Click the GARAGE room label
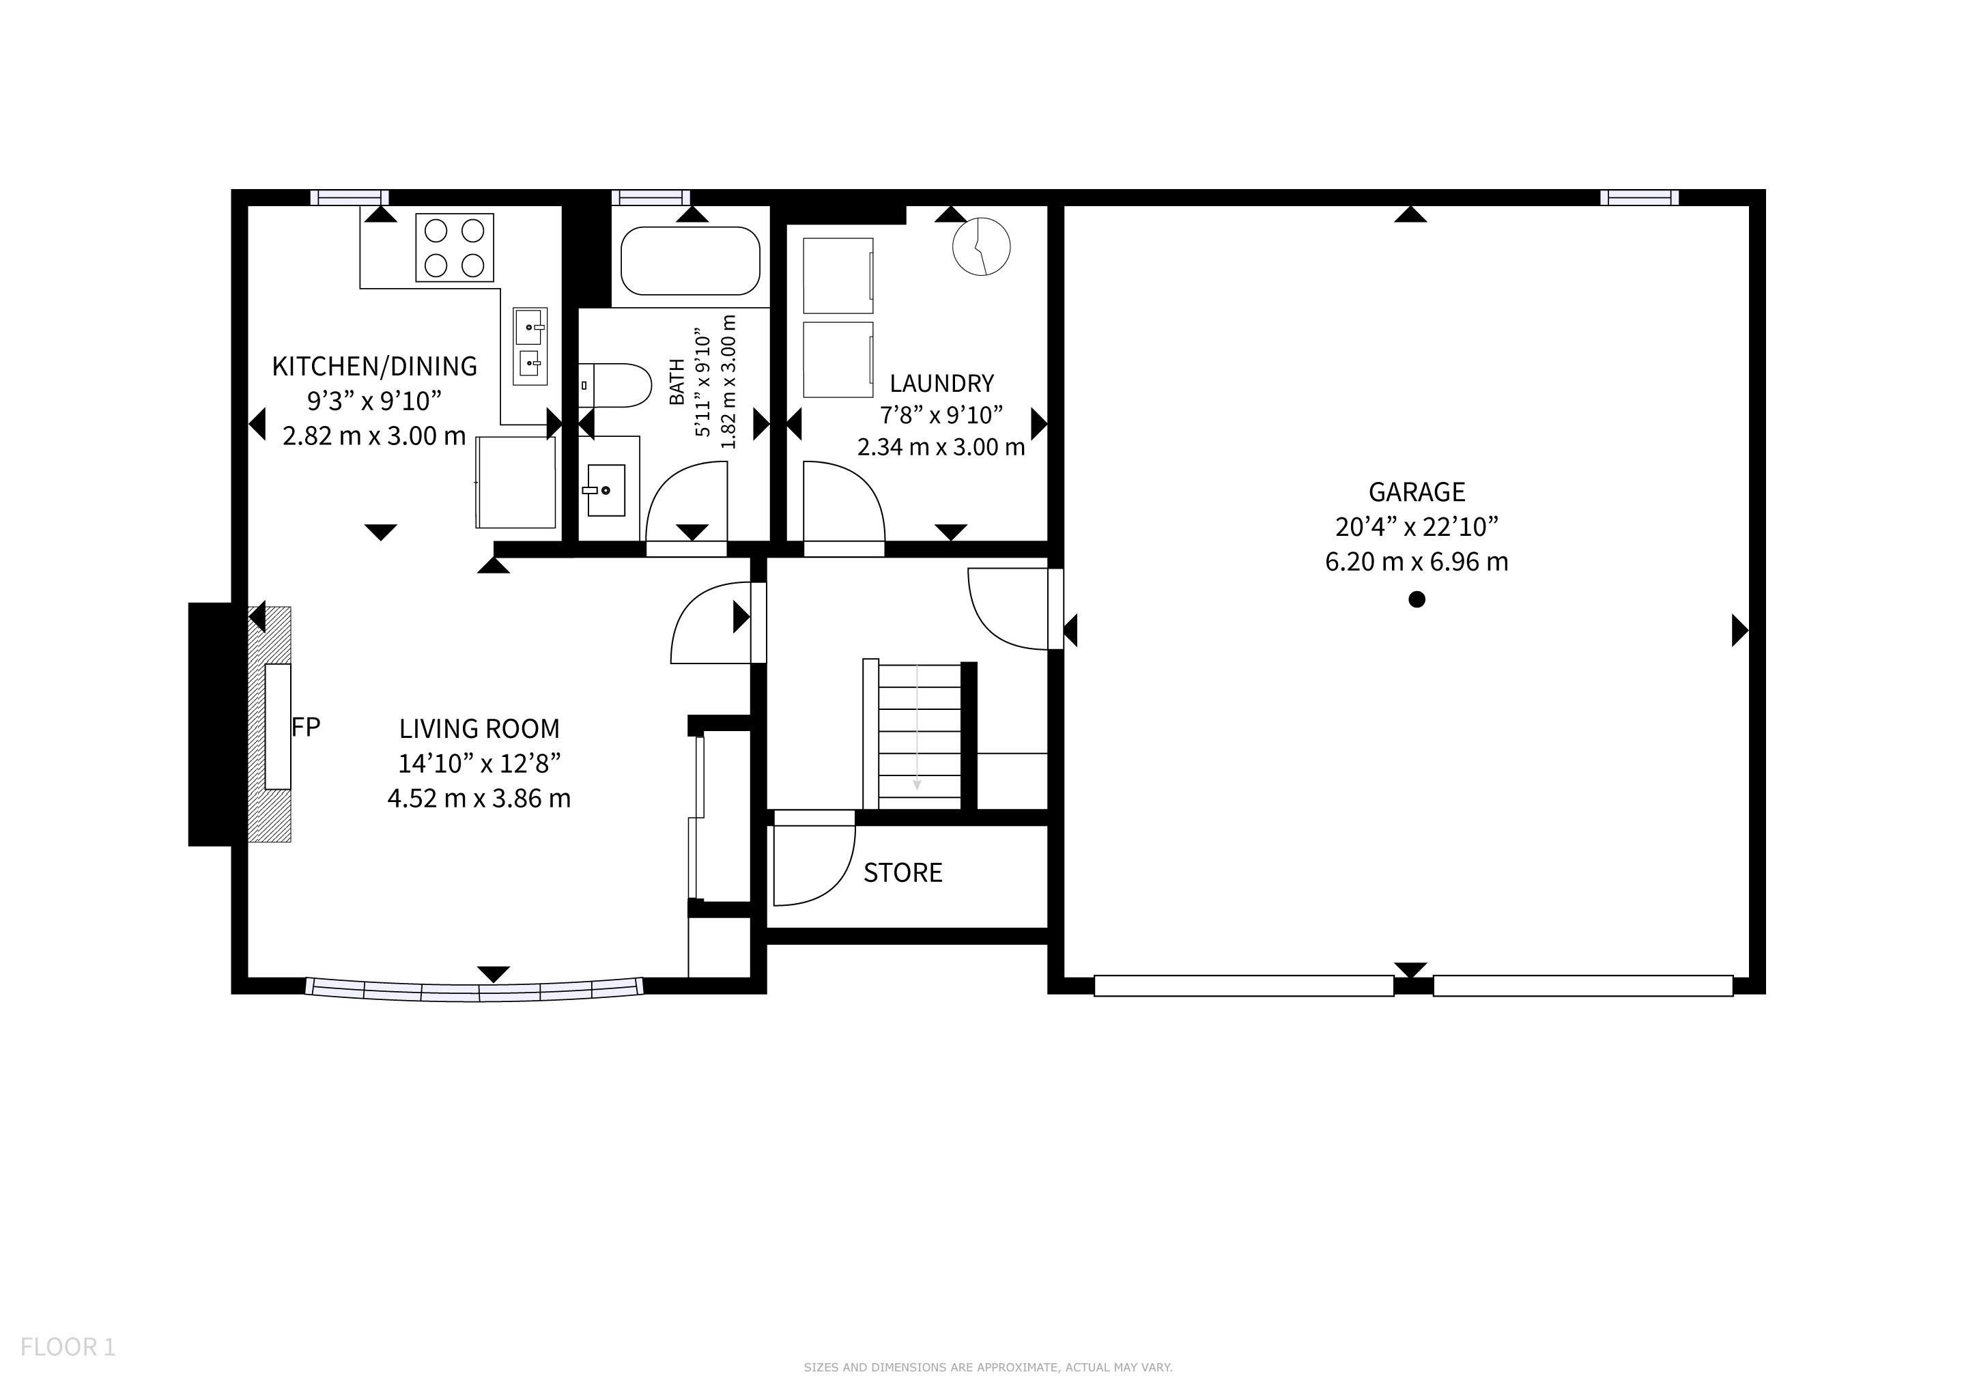[1417, 492]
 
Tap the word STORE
[902, 873]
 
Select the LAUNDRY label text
[941, 383]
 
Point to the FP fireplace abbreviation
[306, 728]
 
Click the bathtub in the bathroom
[691, 261]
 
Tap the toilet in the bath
[614, 386]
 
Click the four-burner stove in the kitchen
[455, 247]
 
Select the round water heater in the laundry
[982, 247]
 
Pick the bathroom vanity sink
[606, 491]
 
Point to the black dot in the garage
[1417, 599]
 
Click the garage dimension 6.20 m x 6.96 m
[1417, 562]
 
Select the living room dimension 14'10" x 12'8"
[480, 764]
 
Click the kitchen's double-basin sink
[530, 347]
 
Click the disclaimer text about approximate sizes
[989, 1367]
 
